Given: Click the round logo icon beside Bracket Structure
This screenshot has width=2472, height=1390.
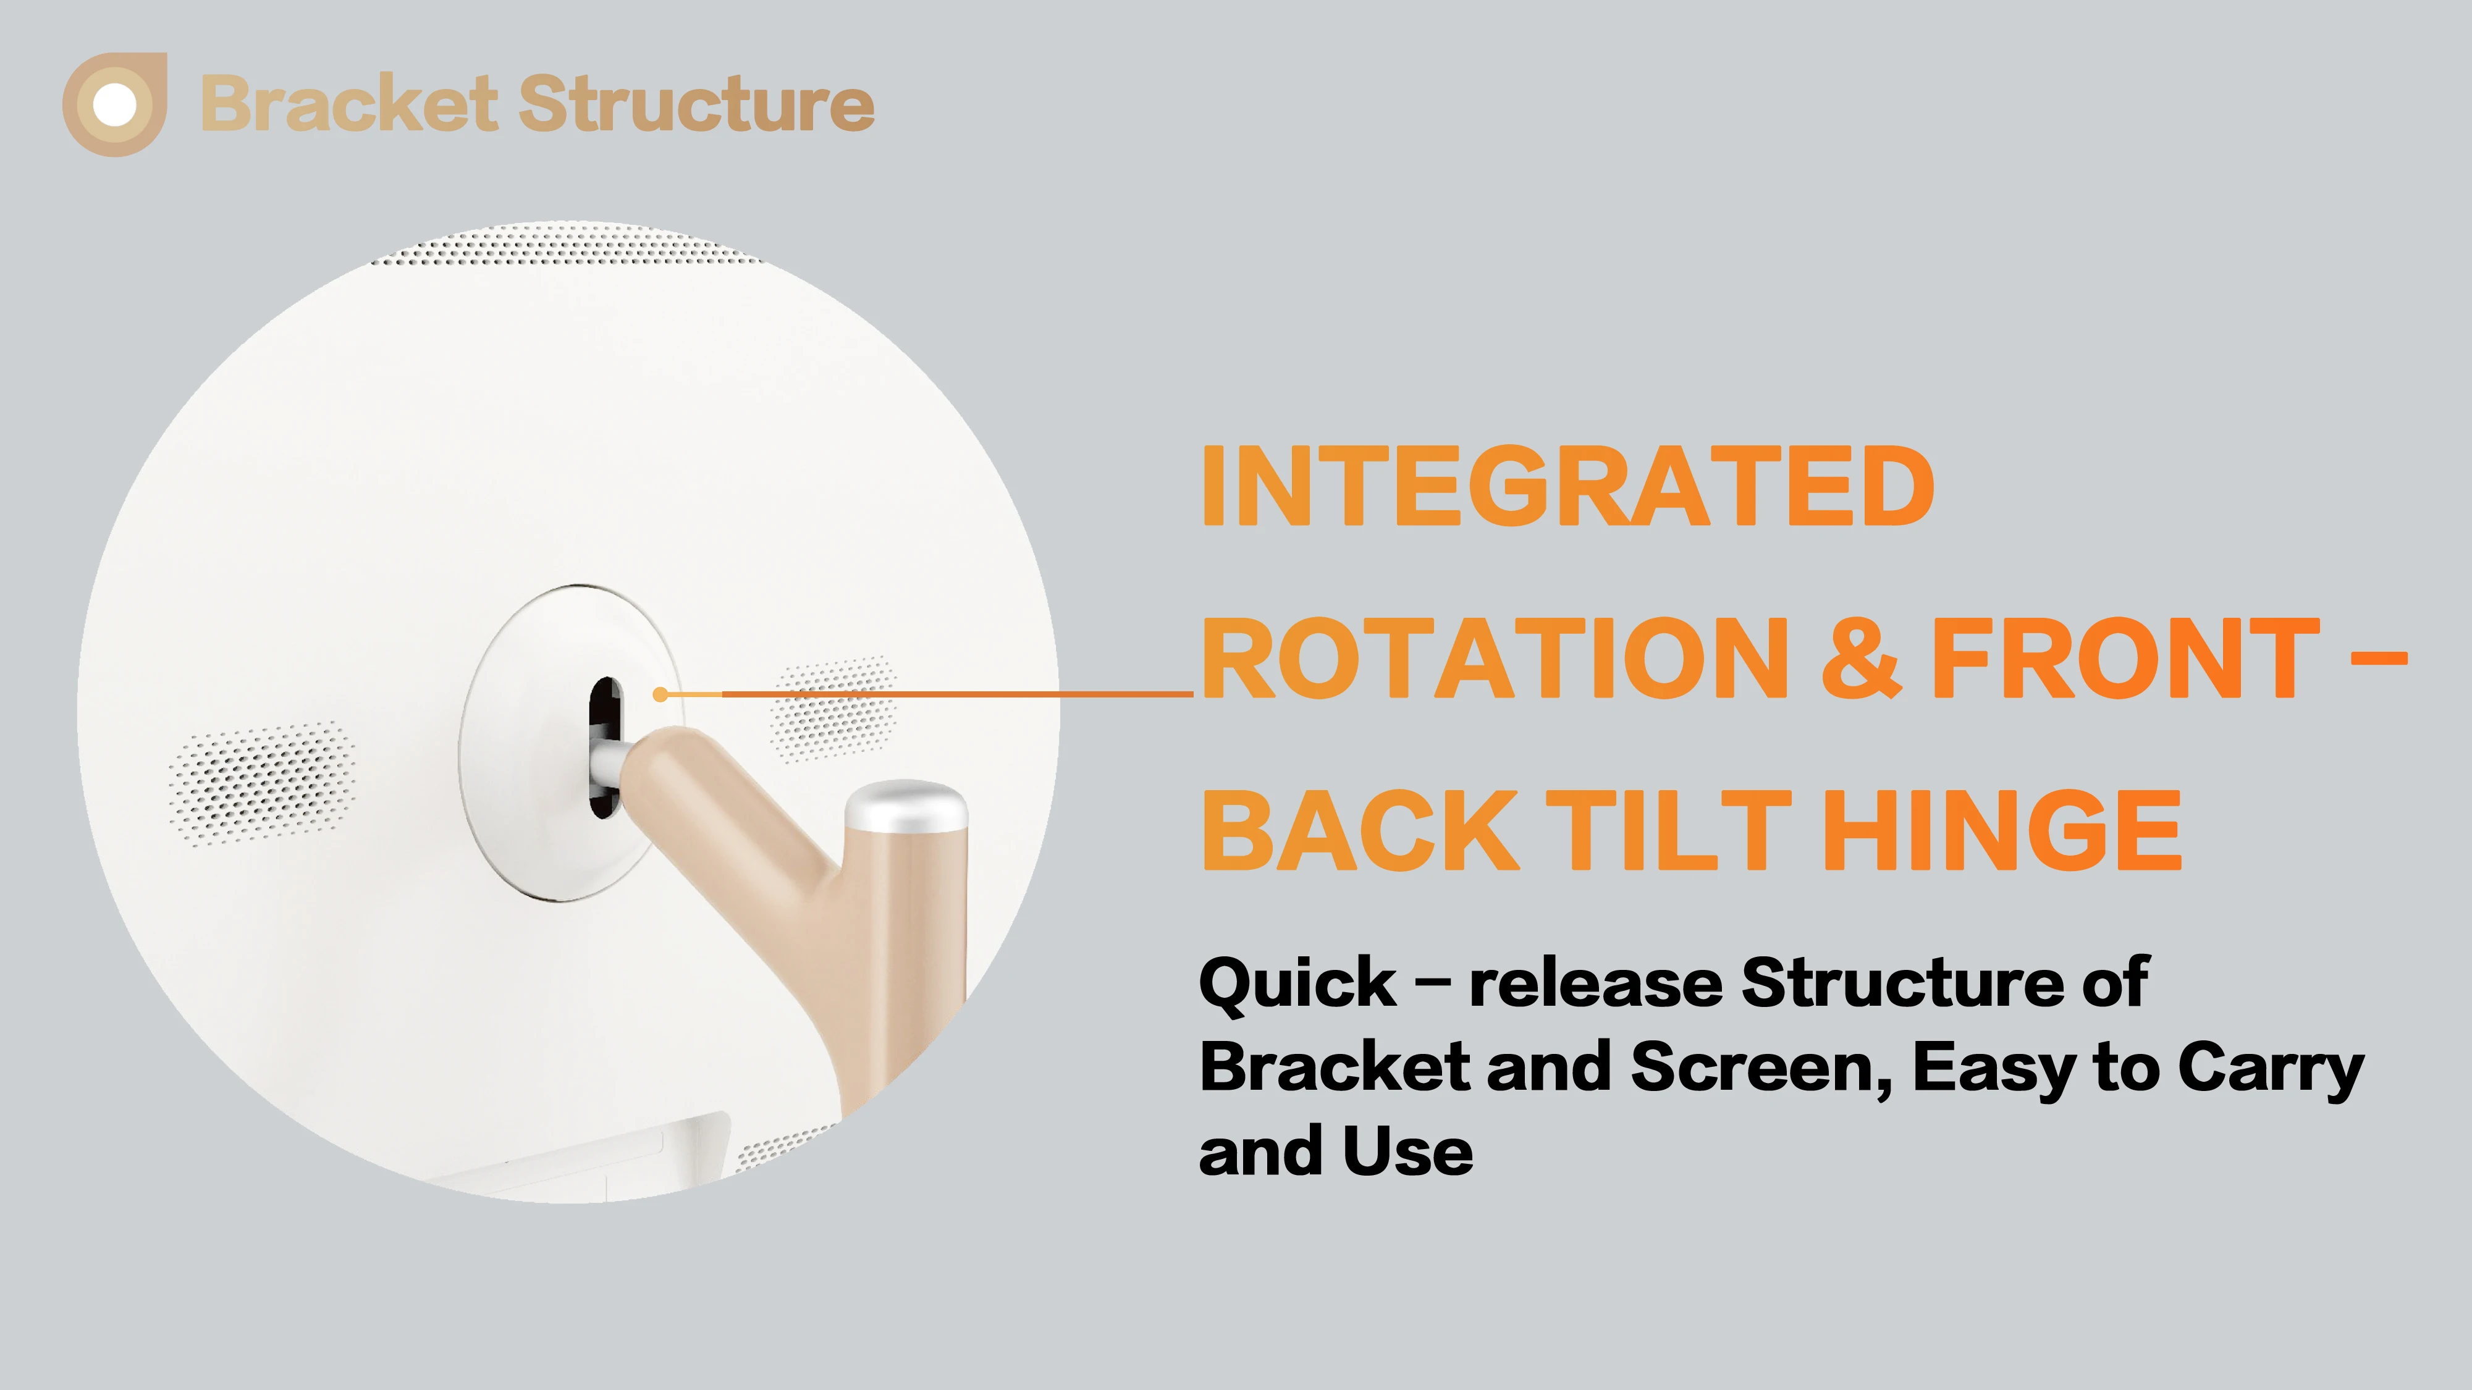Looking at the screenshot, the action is pyautogui.click(x=115, y=104).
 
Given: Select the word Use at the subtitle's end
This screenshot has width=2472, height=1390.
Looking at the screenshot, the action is pyautogui.click(x=1409, y=1151).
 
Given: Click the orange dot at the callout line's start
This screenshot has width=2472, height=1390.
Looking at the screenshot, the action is pyautogui.click(x=660, y=694).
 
